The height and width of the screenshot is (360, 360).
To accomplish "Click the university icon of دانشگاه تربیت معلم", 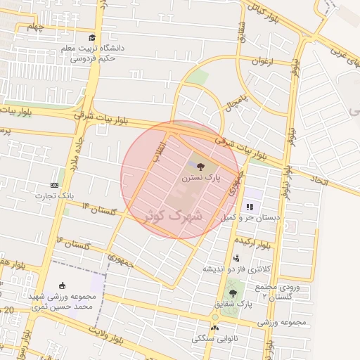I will click(x=92, y=37).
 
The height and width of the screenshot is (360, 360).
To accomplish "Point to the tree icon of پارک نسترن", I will click(x=201, y=167).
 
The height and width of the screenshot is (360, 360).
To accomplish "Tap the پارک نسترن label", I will click(x=201, y=179).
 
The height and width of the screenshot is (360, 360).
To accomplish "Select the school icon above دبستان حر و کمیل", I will click(x=250, y=207).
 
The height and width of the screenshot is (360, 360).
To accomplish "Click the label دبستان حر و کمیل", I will click(x=250, y=218).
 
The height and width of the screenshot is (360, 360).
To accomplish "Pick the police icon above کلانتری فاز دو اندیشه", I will click(x=236, y=258).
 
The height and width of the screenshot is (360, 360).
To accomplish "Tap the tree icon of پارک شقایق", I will click(x=233, y=293).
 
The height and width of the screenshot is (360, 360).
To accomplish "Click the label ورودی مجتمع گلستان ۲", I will click(x=285, y=292).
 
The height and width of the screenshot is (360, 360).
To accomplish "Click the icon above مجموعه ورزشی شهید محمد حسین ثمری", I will click(x=63, y=285).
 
